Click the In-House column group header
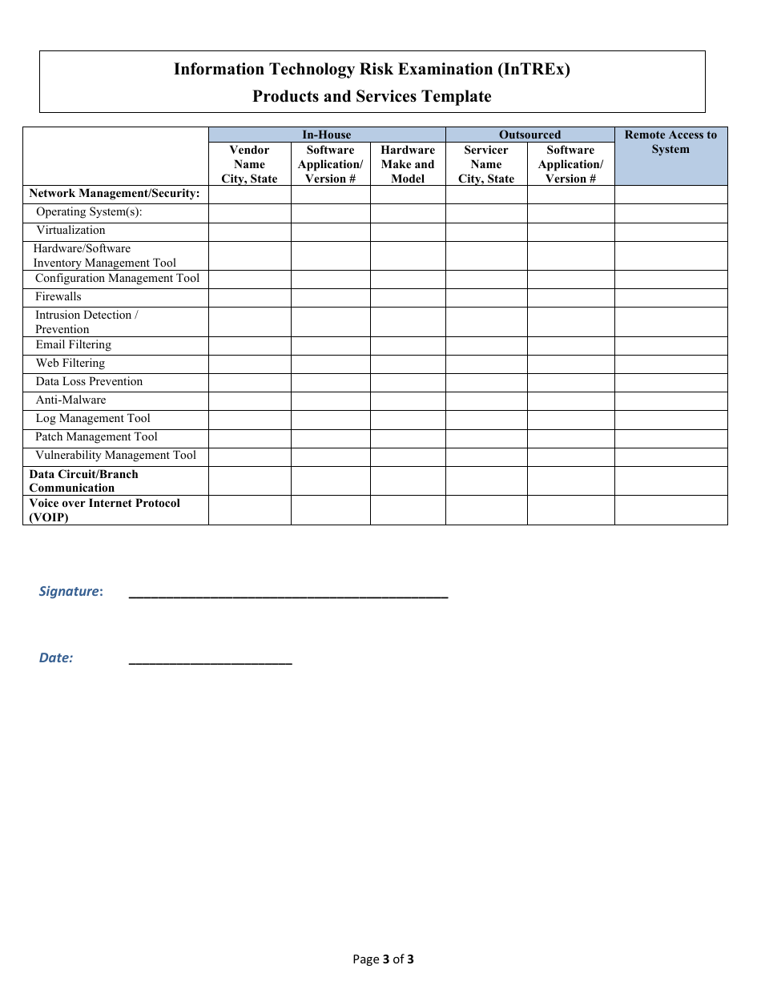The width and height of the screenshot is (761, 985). click(x=326, y=135)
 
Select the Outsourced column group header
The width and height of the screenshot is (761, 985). click(x=529, y=135)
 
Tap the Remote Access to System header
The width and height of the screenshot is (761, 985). click(x=670, y=143)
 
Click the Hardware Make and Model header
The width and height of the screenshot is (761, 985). click(x=408, y=164)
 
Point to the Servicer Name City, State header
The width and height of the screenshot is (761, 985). click(x=486, y=164)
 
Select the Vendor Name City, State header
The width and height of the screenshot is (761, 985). click(x=249, y=164)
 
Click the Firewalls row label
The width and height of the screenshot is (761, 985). click(x=58, y=297)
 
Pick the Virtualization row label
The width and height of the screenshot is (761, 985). click(x=70, y=231)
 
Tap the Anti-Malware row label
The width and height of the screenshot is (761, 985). click(x=70, y=400)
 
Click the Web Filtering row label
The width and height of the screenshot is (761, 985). click(x=70, y=364)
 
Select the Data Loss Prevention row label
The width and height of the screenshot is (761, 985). click(x=89, y=382)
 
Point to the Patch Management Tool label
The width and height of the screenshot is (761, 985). click(x=96, y=437)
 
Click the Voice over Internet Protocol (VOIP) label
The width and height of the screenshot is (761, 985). click(x=104, y=510)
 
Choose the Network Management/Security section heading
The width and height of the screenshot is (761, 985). click(x=115, y=194)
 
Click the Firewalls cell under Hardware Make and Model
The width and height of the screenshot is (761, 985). click(x=408, y=297)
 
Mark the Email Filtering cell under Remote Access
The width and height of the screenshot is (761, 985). click(x=670, y=345)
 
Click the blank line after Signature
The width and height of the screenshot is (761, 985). click(x=288, y=594)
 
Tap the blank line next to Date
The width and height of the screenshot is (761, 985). click(x=210, y=661)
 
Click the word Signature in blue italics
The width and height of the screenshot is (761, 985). click(x=70, y=592)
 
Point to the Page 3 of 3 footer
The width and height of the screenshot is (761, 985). click(x=383, y=959)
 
